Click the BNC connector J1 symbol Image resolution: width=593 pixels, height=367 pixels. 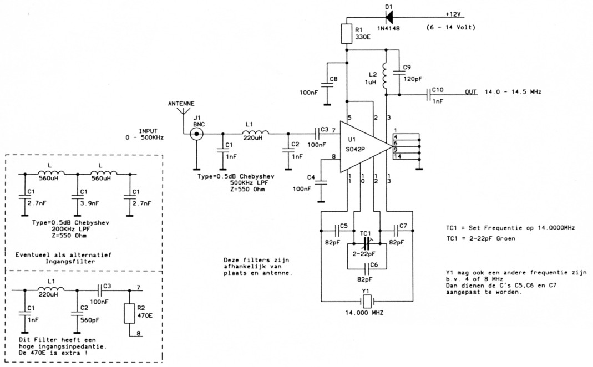[196, 134]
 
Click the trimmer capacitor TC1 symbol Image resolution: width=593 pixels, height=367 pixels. [366, 243]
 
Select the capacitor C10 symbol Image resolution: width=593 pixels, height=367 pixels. [430, 95]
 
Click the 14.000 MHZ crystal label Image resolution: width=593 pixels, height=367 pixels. [364, 314]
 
